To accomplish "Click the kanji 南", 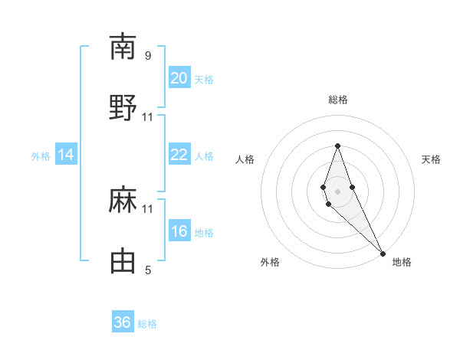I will click(123, 47).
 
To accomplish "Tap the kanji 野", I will click(123, 108).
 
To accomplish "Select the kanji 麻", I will click(123, 201).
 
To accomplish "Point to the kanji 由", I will click(123, 262).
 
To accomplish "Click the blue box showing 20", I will click(179, 78).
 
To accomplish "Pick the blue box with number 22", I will click(179, 155).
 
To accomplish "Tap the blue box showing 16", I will click(179, 232).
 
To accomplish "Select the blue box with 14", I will click(66, 155).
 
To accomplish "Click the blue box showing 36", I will click(123, 322).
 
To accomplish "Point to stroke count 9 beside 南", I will click(148, 55).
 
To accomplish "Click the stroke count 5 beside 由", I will click(148, 270).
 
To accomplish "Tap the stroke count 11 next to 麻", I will click(148, 208).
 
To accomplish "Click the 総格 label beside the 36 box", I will click(147, 324).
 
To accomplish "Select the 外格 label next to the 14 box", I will click(41, 156).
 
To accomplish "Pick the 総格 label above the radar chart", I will click(338, 100).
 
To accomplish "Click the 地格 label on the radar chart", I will click(402, 262).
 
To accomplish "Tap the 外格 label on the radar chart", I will click(270, 262).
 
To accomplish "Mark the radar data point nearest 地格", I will click(383, 253).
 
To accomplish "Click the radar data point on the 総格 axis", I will click(337, 146).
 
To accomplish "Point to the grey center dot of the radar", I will click(337, 190).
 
